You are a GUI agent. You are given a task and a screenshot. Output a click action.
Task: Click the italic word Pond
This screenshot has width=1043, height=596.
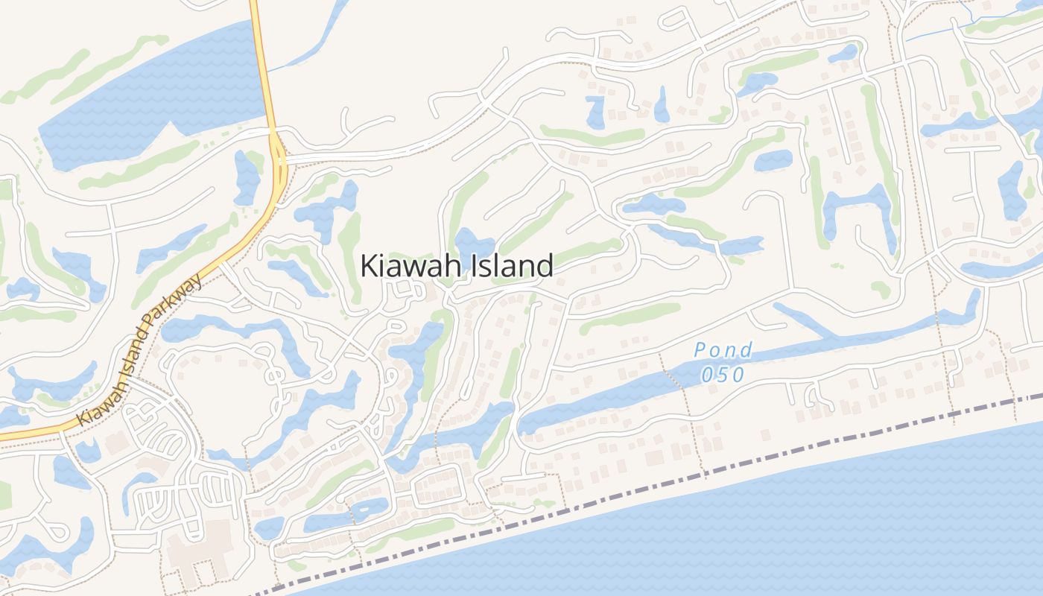pyautogui.click(x=723, y=349)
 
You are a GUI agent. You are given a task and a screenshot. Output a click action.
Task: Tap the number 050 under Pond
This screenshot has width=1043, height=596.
pyautogui.click(x=722, y=374)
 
